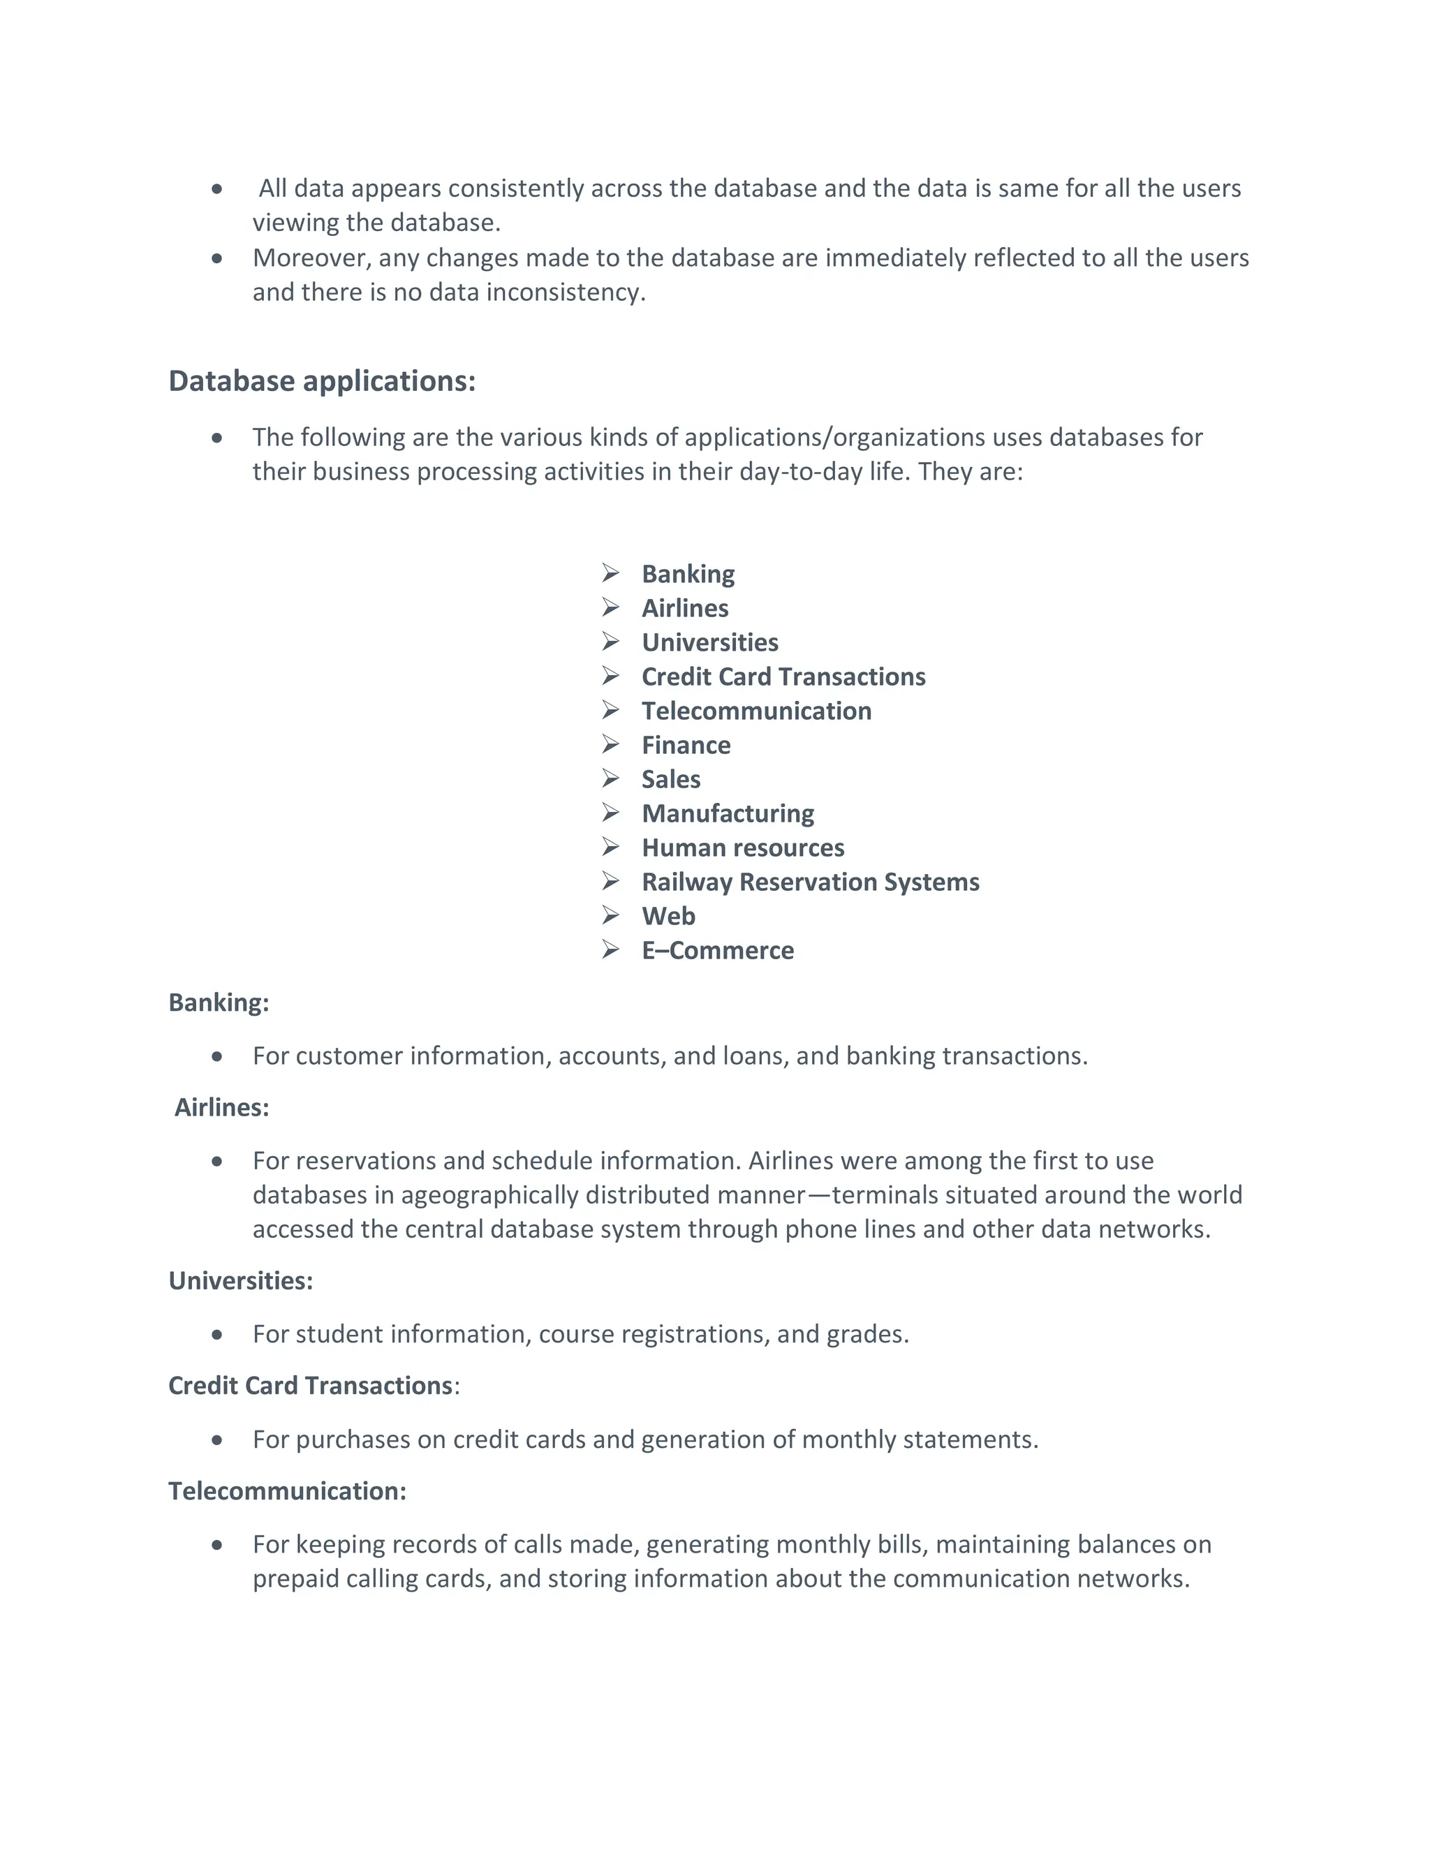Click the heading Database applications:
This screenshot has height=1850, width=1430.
point(322,381)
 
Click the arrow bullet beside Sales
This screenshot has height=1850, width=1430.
point(611,778)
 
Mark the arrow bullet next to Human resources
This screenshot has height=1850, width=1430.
point(611,847)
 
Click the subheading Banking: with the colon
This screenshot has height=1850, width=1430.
point(219,1003)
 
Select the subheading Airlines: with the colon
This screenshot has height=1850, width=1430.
point(221,1108)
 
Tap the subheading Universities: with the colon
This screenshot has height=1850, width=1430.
point(241,1281)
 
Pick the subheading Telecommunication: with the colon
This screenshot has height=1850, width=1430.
point(287,1492)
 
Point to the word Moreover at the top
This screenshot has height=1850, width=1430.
point(310,258)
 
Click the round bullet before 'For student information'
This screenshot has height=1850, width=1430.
point(218,1335)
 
